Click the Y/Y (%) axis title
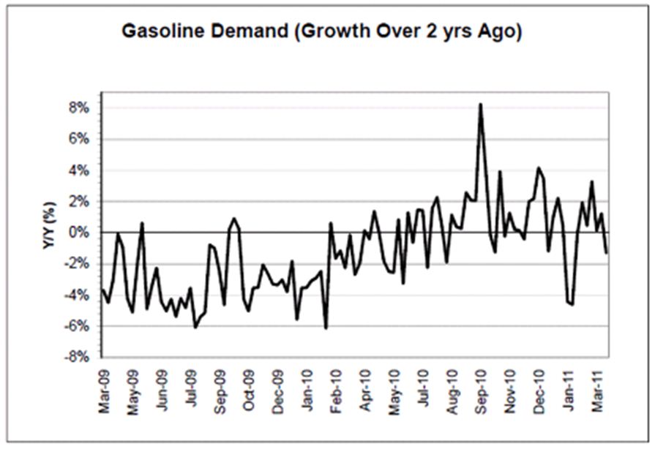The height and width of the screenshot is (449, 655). [x=49, y=225]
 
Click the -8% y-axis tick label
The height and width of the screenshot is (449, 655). [x=77, y=358]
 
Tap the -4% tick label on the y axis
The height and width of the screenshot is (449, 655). [x=77, y=295]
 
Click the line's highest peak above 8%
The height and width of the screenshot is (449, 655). [x=480, y=104]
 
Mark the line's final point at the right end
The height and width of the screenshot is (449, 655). [x=607, y=253]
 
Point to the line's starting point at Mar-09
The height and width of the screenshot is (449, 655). [x=101, y=290]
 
